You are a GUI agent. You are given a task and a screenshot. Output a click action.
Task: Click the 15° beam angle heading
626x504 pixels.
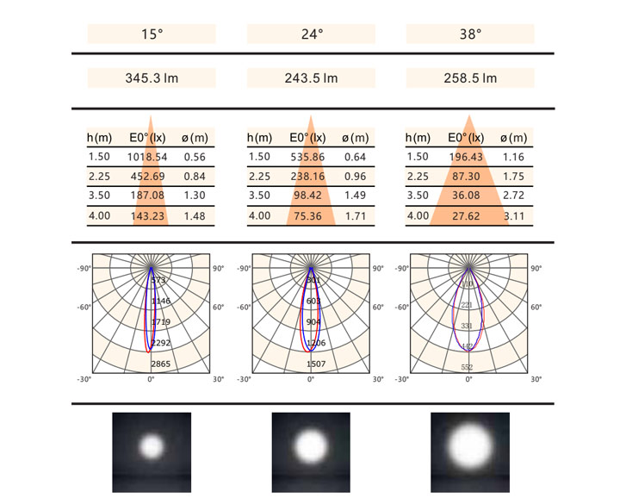tap(152, 34)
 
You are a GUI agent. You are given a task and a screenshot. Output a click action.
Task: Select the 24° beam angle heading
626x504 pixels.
tap(311, 34)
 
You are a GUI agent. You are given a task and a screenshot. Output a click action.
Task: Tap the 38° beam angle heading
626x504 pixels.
tap(469, 34)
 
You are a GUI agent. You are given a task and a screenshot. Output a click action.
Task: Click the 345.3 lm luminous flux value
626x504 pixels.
tap(152, 78)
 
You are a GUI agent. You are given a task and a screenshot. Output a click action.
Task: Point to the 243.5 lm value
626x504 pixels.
tap(311, 78)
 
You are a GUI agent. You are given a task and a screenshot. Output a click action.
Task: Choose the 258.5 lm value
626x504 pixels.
tap(469, 78)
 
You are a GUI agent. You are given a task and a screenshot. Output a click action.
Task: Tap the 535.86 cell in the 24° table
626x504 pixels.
tap(310, 157)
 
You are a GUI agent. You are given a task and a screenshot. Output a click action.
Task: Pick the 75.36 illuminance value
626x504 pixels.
tap(310, 216)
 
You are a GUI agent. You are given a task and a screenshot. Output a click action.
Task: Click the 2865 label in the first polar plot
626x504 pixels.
tap(161, 364)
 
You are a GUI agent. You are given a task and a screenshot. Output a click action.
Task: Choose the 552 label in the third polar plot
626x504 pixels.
tap(468, 367)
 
